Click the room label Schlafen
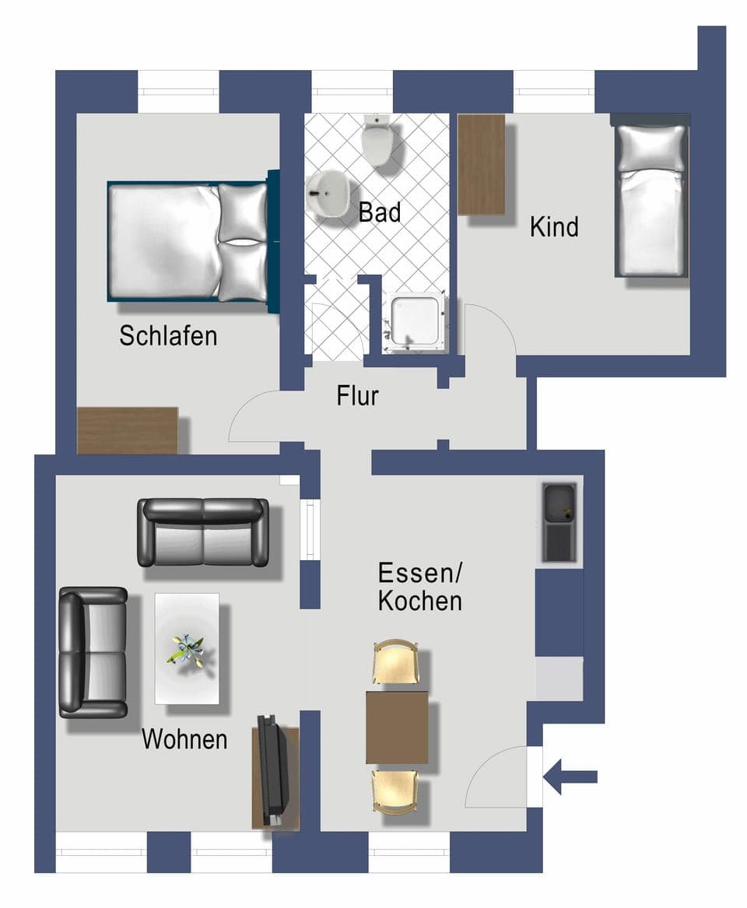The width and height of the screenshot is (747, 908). coord(168,336)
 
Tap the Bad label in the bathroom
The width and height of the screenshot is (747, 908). coord(380,212)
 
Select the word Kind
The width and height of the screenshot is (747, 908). coord(554,227)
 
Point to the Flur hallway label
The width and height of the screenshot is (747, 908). coord(358,396)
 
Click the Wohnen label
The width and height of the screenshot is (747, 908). coord(184,739)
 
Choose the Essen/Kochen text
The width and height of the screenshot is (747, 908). coord(420,587)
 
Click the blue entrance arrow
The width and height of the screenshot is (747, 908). coord(570,777)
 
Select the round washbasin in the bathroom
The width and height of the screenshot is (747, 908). coord(328,194)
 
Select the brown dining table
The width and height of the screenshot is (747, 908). coord(397,727)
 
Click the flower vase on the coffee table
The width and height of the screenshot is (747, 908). coord(187,648)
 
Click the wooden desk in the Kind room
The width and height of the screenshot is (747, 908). coord(482,164)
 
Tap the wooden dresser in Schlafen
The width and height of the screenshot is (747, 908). coord(128,430)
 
